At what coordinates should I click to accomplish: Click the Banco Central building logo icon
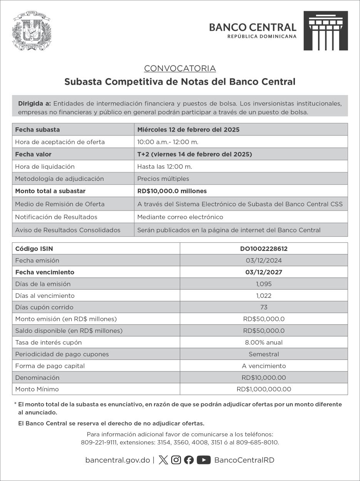pos(325,31)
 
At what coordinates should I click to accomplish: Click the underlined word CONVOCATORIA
pos(180,68)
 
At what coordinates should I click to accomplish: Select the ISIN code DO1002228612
pos(264,249)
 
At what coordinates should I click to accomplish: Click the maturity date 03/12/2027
pos(264,272)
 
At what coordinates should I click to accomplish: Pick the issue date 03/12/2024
pos(264,261)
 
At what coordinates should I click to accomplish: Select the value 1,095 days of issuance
pos(264,284)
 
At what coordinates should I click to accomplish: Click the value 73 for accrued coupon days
pos(264,307)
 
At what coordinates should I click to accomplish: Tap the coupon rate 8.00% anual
pos(264,342)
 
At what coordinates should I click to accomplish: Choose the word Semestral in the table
pos(264,354)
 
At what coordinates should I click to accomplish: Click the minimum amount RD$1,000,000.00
pos(264,389)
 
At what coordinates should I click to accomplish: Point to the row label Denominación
pos(37,377)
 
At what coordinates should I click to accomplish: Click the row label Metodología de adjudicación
pos(59,179)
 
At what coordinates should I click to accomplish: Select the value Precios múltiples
pos(163,179)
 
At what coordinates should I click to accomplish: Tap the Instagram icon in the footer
pos(176,460)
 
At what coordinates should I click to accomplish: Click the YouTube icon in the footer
pos(204,460)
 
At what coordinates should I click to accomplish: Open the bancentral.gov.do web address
pos(117,460)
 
